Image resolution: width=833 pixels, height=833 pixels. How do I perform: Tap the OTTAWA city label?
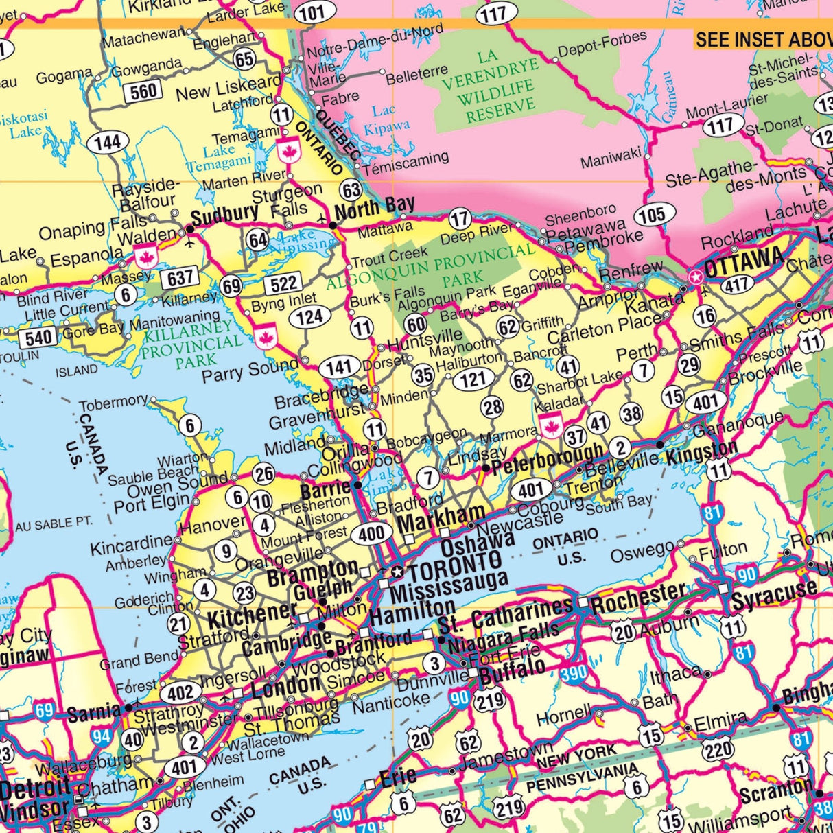coord(744,261)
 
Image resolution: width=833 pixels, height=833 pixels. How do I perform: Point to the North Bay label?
coord(375,207)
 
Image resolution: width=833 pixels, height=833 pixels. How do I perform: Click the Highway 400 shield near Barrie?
coord(371,533)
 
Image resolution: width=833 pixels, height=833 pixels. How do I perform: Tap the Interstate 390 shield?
coord(574,673)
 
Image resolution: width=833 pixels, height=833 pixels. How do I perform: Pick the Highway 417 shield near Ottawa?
coord(736,283)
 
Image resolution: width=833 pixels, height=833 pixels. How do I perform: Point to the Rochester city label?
coord(638,599)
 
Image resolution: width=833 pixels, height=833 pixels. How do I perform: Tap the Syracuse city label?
coord(774,595)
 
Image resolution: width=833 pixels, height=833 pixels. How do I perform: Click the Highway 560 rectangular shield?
coord(143,90)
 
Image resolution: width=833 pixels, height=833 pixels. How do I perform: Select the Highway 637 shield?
coord(180,278)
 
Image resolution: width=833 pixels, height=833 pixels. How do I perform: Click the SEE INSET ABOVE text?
coord(763,39)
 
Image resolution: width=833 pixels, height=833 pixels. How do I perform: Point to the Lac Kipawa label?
coord(387,119)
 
